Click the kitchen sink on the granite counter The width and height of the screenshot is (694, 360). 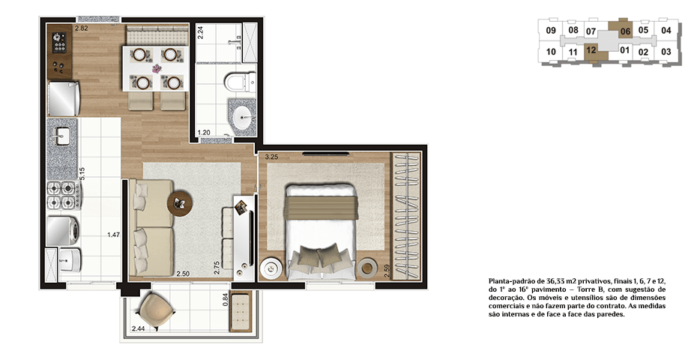pyautogui.click(x=61, y=134)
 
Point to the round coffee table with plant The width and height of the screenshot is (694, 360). pyautogui.click(x=180, y=203)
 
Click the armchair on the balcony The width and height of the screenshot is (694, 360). pyautogui.click(x=155, y=310)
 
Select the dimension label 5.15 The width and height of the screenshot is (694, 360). pyautogui.click(x=82, y=173)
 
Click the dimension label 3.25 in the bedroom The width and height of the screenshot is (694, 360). pyautogui.click(x=271, y=157)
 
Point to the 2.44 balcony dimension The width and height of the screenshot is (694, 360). pyautogui.click(x=139, y=328)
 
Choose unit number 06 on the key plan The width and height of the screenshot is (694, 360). pyautogui.click(x=625, y=31)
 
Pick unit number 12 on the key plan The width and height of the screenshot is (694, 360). pyautogui.click(x=591, y=50)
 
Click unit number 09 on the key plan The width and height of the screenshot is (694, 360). pyautogui.click(x=551, y=31)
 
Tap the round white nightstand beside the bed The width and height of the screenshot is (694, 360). pyautogui.click(x=271, y=268)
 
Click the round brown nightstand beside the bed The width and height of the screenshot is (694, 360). pyautogui.click(x=367, y=268)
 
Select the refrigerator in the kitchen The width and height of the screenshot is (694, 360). pyautogui.click(x=64, y=97)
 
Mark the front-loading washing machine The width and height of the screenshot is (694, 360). pyautogui.click(x=63, y=231)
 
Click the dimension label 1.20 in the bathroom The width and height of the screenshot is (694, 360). pyautogui.click(x=204, y=133)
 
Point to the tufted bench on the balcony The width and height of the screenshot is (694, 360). pyautogui.click(x=241, y=310)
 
